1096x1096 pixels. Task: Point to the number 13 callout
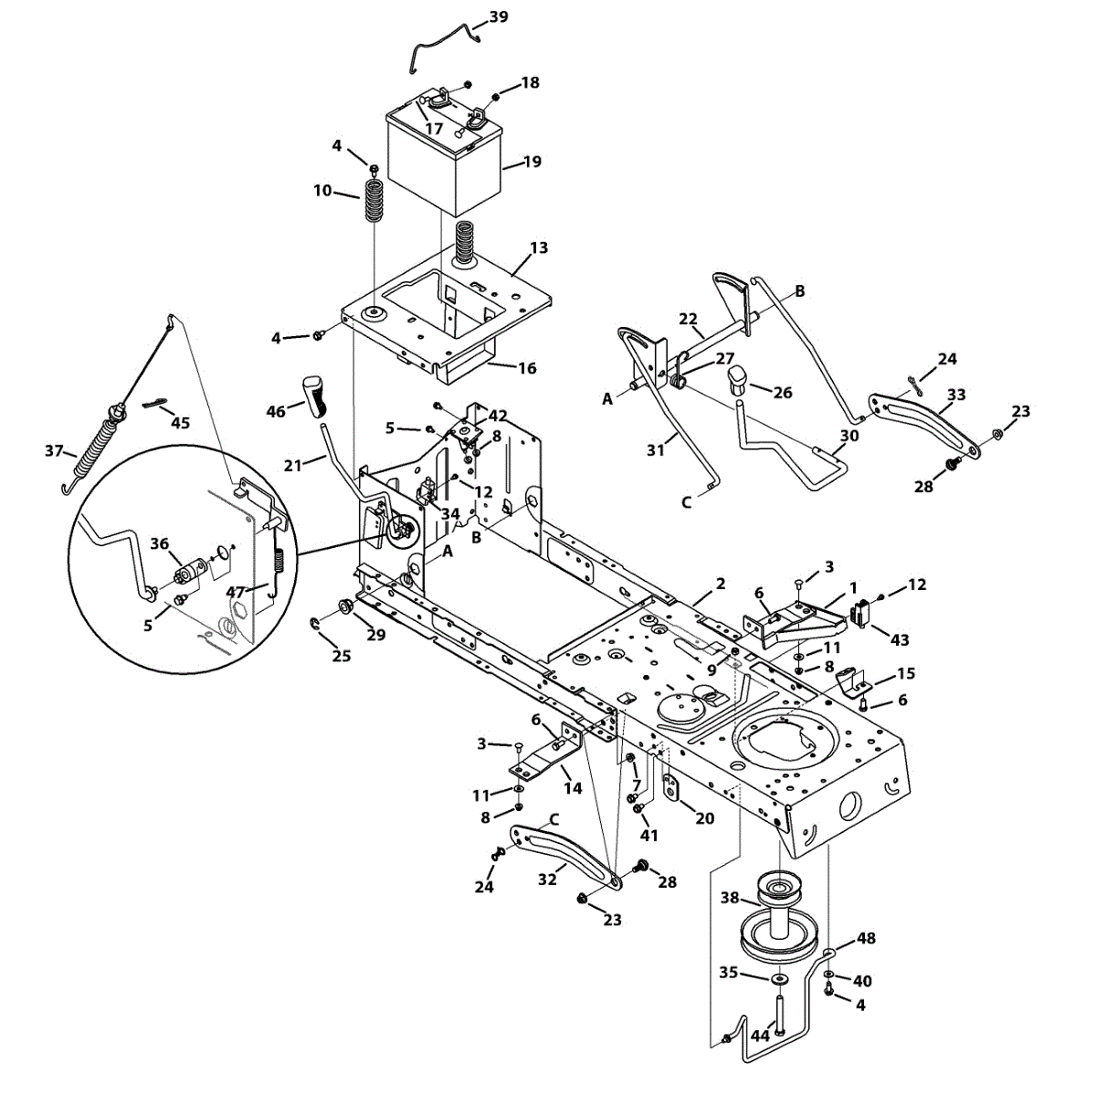pos(539,248)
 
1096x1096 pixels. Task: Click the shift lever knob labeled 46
pos(311,393)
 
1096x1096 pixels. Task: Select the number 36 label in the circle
pos(160,543)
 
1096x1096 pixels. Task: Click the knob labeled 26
pos(739,379)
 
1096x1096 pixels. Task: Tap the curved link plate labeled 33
pos(922,419)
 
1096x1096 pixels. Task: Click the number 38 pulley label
pos(730,898)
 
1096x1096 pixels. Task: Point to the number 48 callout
pos(866,938)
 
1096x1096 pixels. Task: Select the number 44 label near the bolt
pos(760,1036)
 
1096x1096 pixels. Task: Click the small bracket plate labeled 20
pos(673,787)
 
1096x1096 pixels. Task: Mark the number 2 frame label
pos(721,583)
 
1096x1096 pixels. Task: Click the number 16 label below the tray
pos(527,368)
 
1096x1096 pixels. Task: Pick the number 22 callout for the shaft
pos(688,319)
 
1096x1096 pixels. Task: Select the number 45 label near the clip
pos(180,422)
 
